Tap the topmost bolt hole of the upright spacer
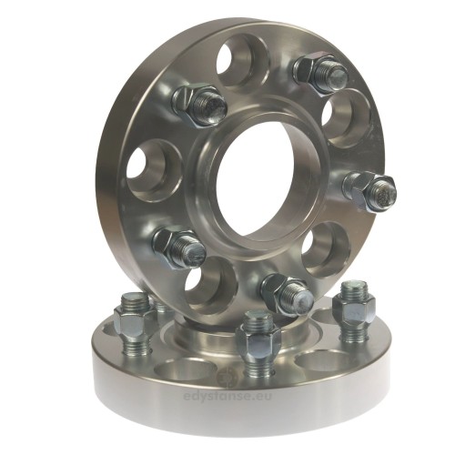click(x=243, y=62)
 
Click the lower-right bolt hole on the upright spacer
click(x=326, y=249)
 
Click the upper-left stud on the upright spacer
click(x=199, y=104)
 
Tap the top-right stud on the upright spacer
click(x=320, y=72)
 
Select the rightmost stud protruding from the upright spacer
click(x=369, y=190)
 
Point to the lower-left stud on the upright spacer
click(x=179, y=248)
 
